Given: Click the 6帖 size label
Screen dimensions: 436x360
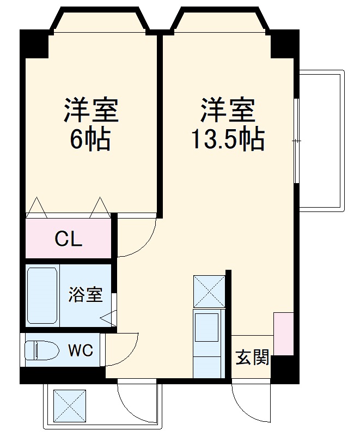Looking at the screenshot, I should [90, 140].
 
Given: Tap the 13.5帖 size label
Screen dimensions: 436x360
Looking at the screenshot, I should [227, 140].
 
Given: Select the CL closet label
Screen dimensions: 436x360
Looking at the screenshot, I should [69, 238].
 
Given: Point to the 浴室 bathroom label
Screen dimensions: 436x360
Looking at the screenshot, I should [86, 295].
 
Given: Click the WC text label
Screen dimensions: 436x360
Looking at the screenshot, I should [80, 349].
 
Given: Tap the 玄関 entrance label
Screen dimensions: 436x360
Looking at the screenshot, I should [252, 358].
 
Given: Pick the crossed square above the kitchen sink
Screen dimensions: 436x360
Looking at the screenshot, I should [209, 292].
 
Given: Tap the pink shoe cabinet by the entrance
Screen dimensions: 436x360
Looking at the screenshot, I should [283, 334].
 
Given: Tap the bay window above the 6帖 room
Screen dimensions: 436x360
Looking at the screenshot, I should [100, 22].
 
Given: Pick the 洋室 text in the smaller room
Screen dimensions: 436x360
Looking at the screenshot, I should [91, 111].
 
